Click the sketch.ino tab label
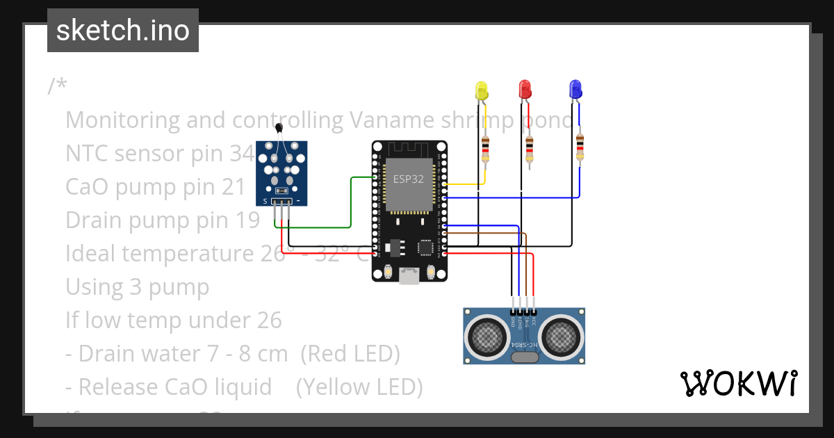pos(122,31)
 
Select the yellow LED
pos(482,90)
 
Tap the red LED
pos(525,89)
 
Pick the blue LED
pos(575,89)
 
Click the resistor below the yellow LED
pos(485,149)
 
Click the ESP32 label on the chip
pos(409,179)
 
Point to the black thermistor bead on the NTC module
pos(279,127)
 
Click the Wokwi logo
pos(738,383)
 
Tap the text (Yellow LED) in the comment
pos(359,387)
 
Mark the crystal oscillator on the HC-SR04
pos(524,357)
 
